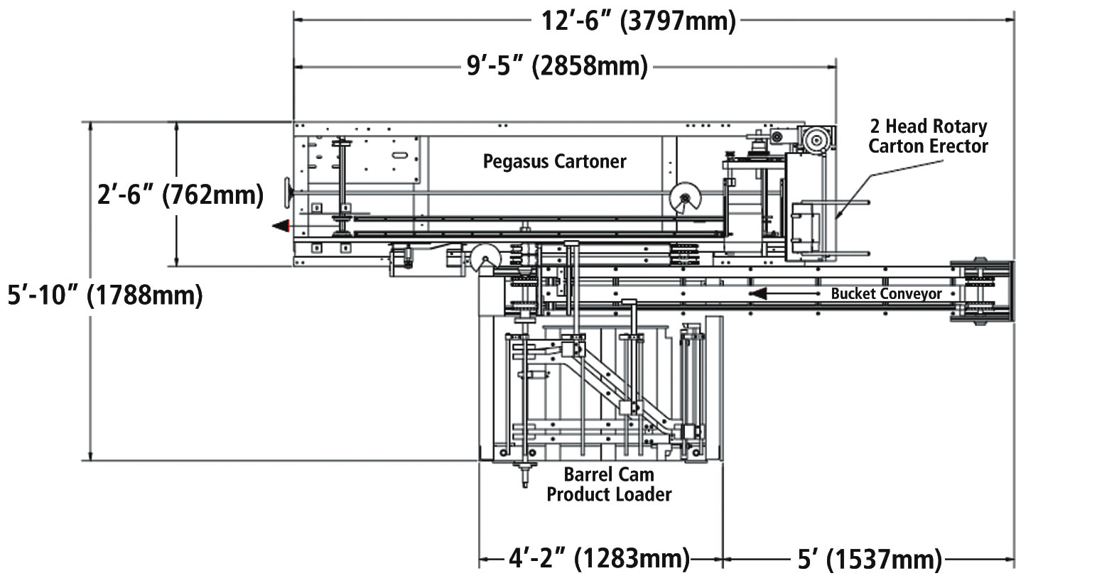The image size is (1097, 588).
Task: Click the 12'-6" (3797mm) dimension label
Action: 638,21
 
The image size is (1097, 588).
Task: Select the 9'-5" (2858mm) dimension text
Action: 557,67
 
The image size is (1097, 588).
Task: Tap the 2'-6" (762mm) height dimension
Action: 180,195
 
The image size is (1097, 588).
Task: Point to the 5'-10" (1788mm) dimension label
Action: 105,295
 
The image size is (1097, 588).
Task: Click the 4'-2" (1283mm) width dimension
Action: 600,559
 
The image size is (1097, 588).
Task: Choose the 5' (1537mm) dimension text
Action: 870,559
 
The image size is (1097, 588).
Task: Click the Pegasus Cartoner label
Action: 554,162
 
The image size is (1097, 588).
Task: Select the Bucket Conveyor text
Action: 887,294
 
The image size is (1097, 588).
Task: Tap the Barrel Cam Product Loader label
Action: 609,484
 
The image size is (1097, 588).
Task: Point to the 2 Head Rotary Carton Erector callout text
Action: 928,136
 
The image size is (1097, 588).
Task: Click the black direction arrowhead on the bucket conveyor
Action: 758,294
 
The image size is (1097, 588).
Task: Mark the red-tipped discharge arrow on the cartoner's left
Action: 281,227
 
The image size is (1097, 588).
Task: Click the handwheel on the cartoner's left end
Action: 288,193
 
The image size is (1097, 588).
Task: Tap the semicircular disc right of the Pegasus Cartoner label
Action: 685,198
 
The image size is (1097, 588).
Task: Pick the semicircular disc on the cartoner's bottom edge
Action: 485,258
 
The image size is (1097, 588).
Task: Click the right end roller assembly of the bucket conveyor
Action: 981,290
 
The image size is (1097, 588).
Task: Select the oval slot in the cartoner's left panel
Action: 399,156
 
